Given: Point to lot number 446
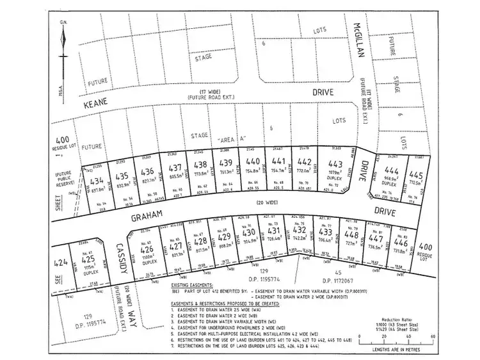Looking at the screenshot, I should [x=400, y=243].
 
